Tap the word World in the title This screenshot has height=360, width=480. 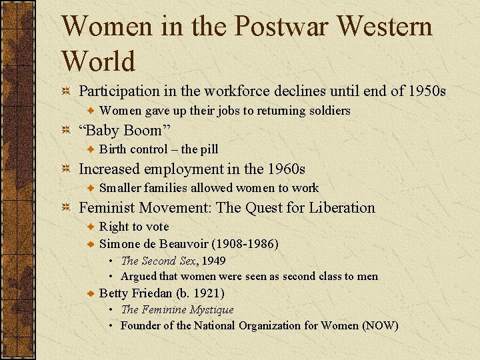[98, 61]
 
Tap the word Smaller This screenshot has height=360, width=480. [120, 188]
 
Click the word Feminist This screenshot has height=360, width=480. [107, 207]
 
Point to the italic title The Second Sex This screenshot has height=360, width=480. [158, 261]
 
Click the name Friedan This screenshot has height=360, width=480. [152, 293]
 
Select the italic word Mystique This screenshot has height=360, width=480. [211, 309]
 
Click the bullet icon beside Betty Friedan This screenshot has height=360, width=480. [92, 293]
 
